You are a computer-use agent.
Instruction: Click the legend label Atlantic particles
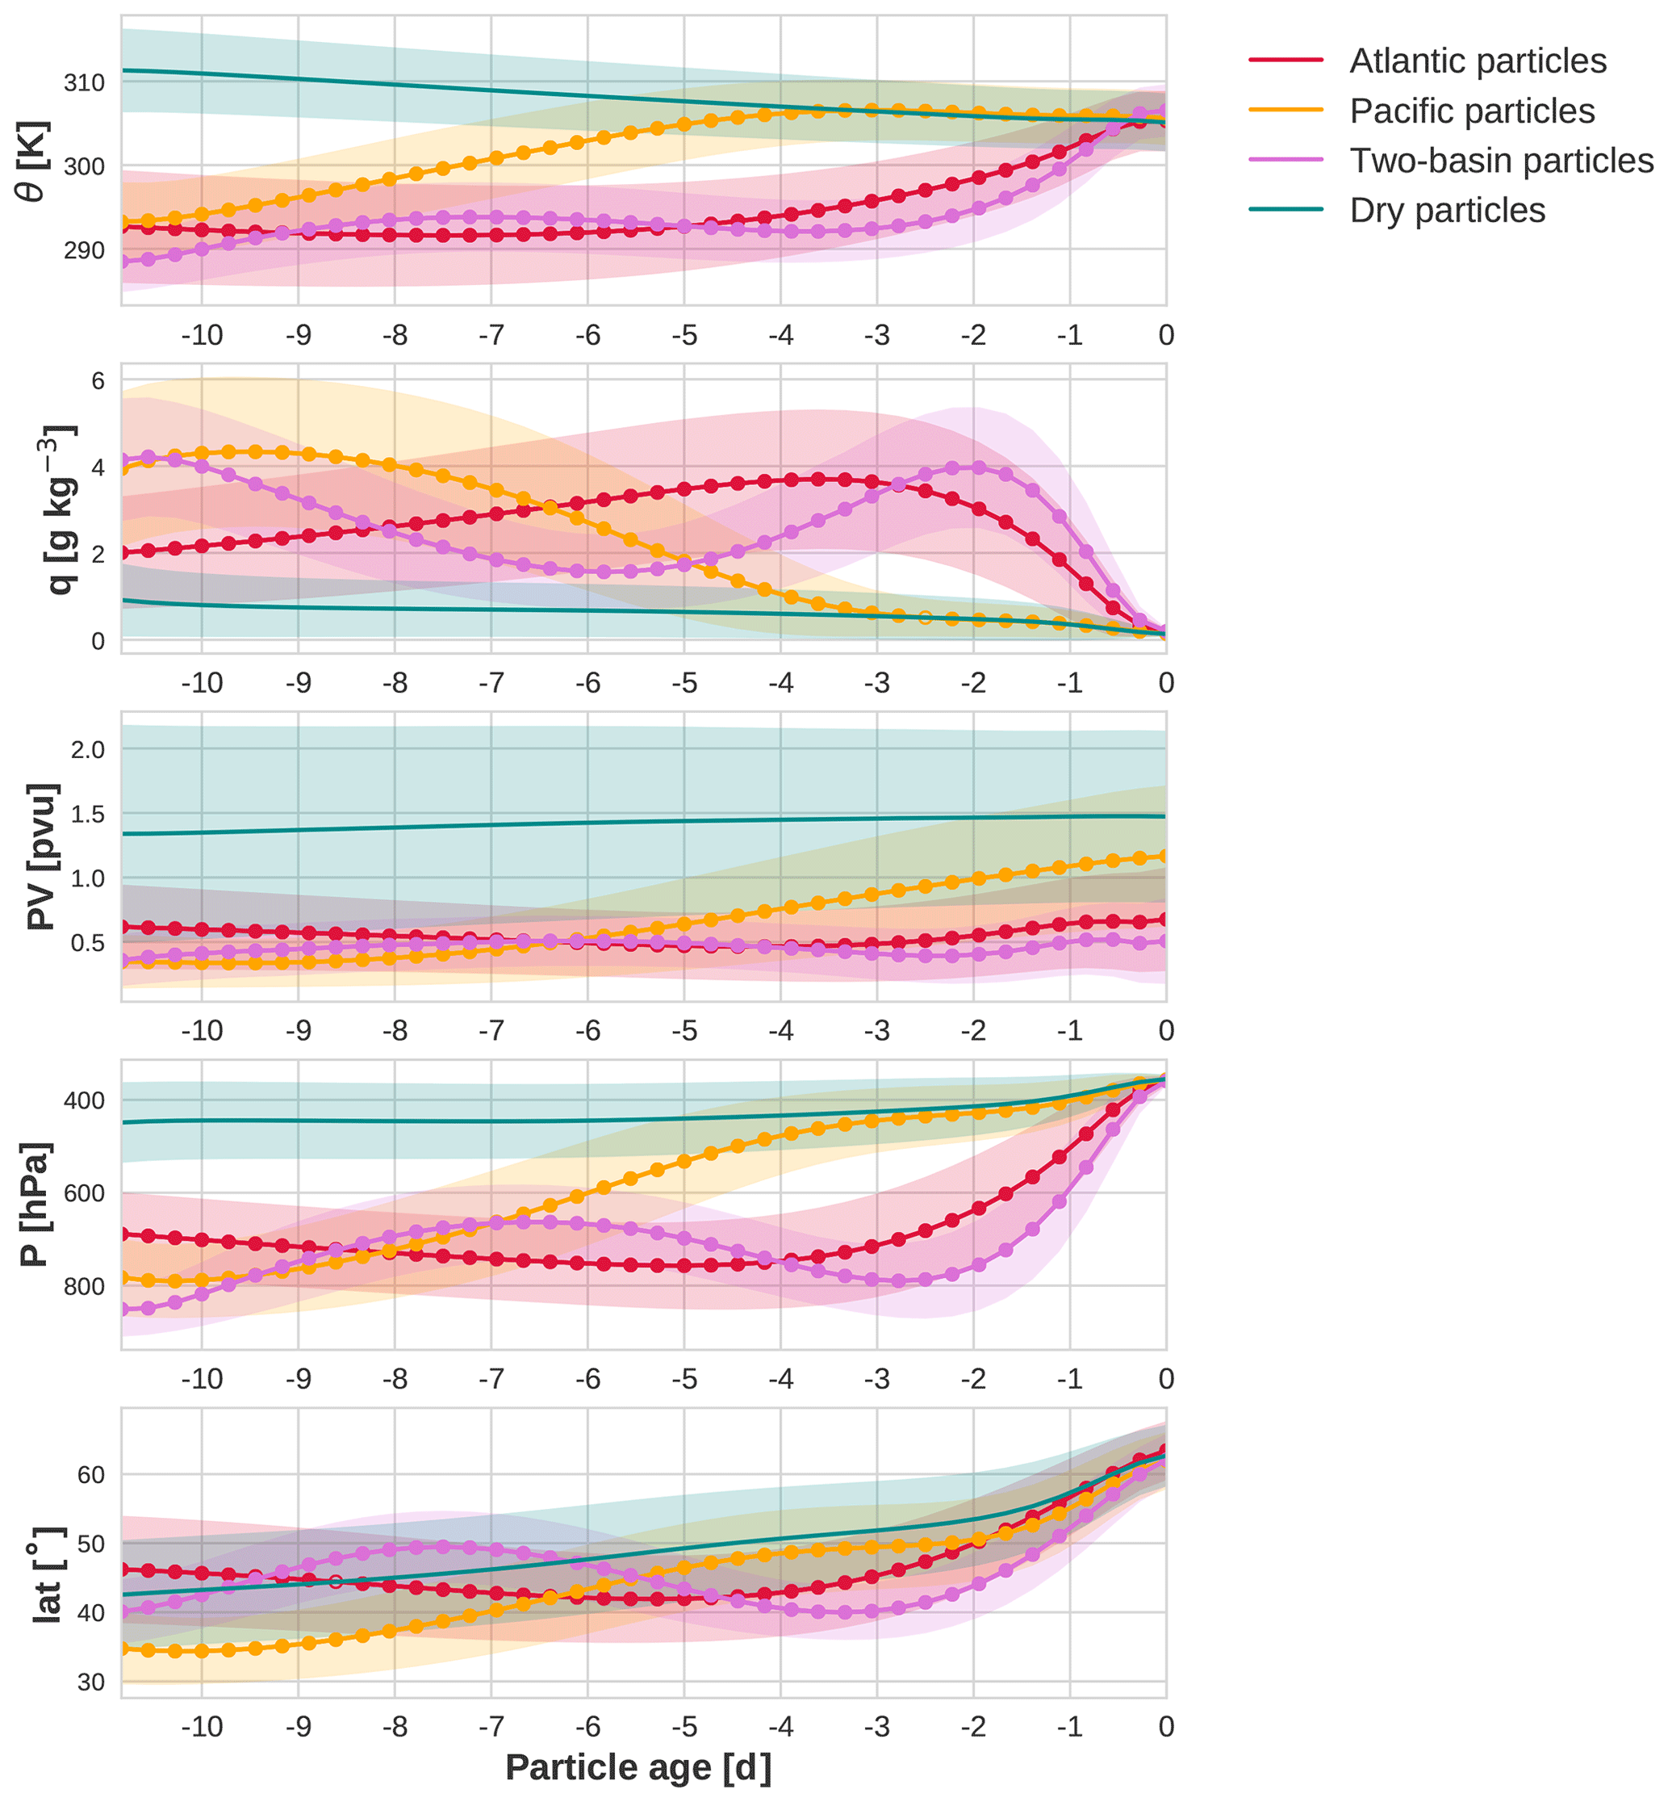tap(1478, 61)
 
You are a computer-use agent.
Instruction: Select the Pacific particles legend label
tap(1472, 111)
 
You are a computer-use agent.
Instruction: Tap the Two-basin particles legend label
tap(1501, 161)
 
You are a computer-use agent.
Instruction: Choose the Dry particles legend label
tap(1447, 211)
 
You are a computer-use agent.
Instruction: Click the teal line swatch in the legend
tap(1285, 209)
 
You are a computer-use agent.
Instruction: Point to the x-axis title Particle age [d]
tap(638, 1766)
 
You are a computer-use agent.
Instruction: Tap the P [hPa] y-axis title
tap(36, 1205)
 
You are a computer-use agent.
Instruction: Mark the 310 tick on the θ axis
tap(84, 83)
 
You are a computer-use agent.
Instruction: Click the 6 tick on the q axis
tap(98, 381)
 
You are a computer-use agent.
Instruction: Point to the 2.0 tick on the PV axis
tap(87, 749)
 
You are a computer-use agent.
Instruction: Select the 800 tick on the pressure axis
tap(84, 1286)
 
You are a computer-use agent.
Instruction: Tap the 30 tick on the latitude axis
tap(91, 1682)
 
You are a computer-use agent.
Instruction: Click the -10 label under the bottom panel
tap(201, 1726)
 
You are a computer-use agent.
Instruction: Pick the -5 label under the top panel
tap(684, 336)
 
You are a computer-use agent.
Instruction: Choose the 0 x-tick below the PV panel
tap(1166, 1031)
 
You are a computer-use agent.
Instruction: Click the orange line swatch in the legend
tap(1285, 110)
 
